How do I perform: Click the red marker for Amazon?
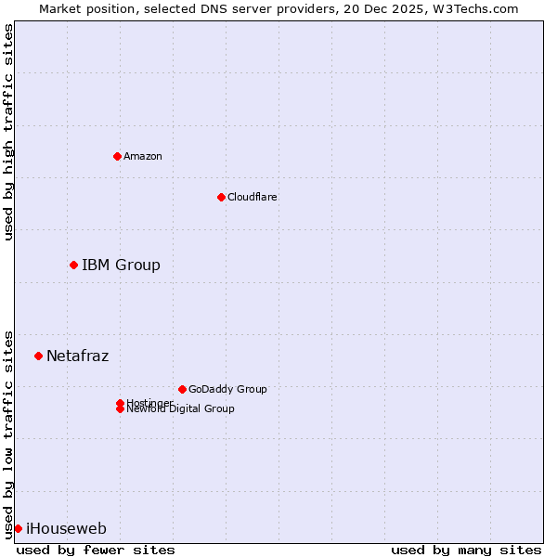(x=117, y=156)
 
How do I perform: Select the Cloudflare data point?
(x=221, y=197)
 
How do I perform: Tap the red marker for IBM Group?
(x=73, y=265)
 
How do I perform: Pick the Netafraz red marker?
(x=38, y=356)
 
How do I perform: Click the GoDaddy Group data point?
(x=182, y=389)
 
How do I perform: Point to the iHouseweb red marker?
(x=18, y=528)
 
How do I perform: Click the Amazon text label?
(x=143, y=156)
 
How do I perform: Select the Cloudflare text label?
(x=253, y=197)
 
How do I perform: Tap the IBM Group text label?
(x=121, y=266)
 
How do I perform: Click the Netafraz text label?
(x=77, y=356)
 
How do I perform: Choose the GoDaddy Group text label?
(x=227, y=389)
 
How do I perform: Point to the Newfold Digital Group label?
(x=181, y=409)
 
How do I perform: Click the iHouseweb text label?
(x=66, y=529)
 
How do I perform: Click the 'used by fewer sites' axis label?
(x=96, y=550)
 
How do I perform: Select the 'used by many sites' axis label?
(x=466, y=550)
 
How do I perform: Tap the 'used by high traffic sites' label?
(x=8, y=132)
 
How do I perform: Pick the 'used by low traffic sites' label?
(x=8, y=434)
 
